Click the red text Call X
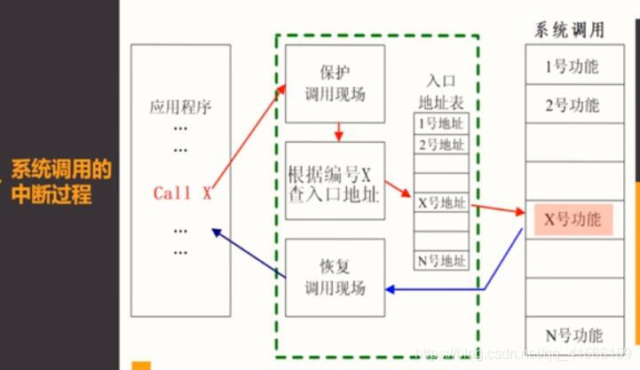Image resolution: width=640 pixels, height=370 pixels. point(182,193)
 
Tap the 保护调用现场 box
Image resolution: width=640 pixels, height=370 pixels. point(335,83)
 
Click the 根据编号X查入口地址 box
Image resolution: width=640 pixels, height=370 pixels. point(335,180)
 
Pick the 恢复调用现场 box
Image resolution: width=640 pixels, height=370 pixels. point(335,277)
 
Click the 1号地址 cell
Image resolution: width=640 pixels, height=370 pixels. point(441,123)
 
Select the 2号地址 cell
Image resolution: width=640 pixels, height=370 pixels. point(441,144)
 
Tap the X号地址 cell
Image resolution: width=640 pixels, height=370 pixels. point(441,202)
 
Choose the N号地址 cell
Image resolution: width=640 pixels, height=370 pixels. point(441,261)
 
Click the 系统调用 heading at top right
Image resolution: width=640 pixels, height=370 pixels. point(569,29)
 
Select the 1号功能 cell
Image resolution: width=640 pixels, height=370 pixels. point(573,67)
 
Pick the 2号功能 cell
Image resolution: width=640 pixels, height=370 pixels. point(573,106)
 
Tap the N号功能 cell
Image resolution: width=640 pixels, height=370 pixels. point(573,335)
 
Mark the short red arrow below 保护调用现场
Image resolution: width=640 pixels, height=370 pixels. point(338,131)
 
